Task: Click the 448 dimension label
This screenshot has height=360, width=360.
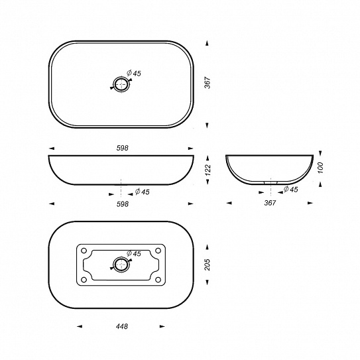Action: coord(122,326)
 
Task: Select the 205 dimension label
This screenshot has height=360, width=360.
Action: coord(207,265)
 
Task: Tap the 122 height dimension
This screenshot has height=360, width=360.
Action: coord(208,170)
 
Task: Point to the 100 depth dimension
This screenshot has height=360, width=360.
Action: coord(320,168)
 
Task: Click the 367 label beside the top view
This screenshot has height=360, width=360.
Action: coord(208,83)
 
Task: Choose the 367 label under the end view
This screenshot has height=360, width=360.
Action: coord(270,203)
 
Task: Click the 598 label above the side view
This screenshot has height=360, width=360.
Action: coord(123,148)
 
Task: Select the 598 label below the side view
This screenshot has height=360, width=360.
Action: coord(123,204)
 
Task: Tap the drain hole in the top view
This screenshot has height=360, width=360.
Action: coord(121,84)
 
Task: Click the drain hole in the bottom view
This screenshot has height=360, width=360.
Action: coord(121,265)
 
